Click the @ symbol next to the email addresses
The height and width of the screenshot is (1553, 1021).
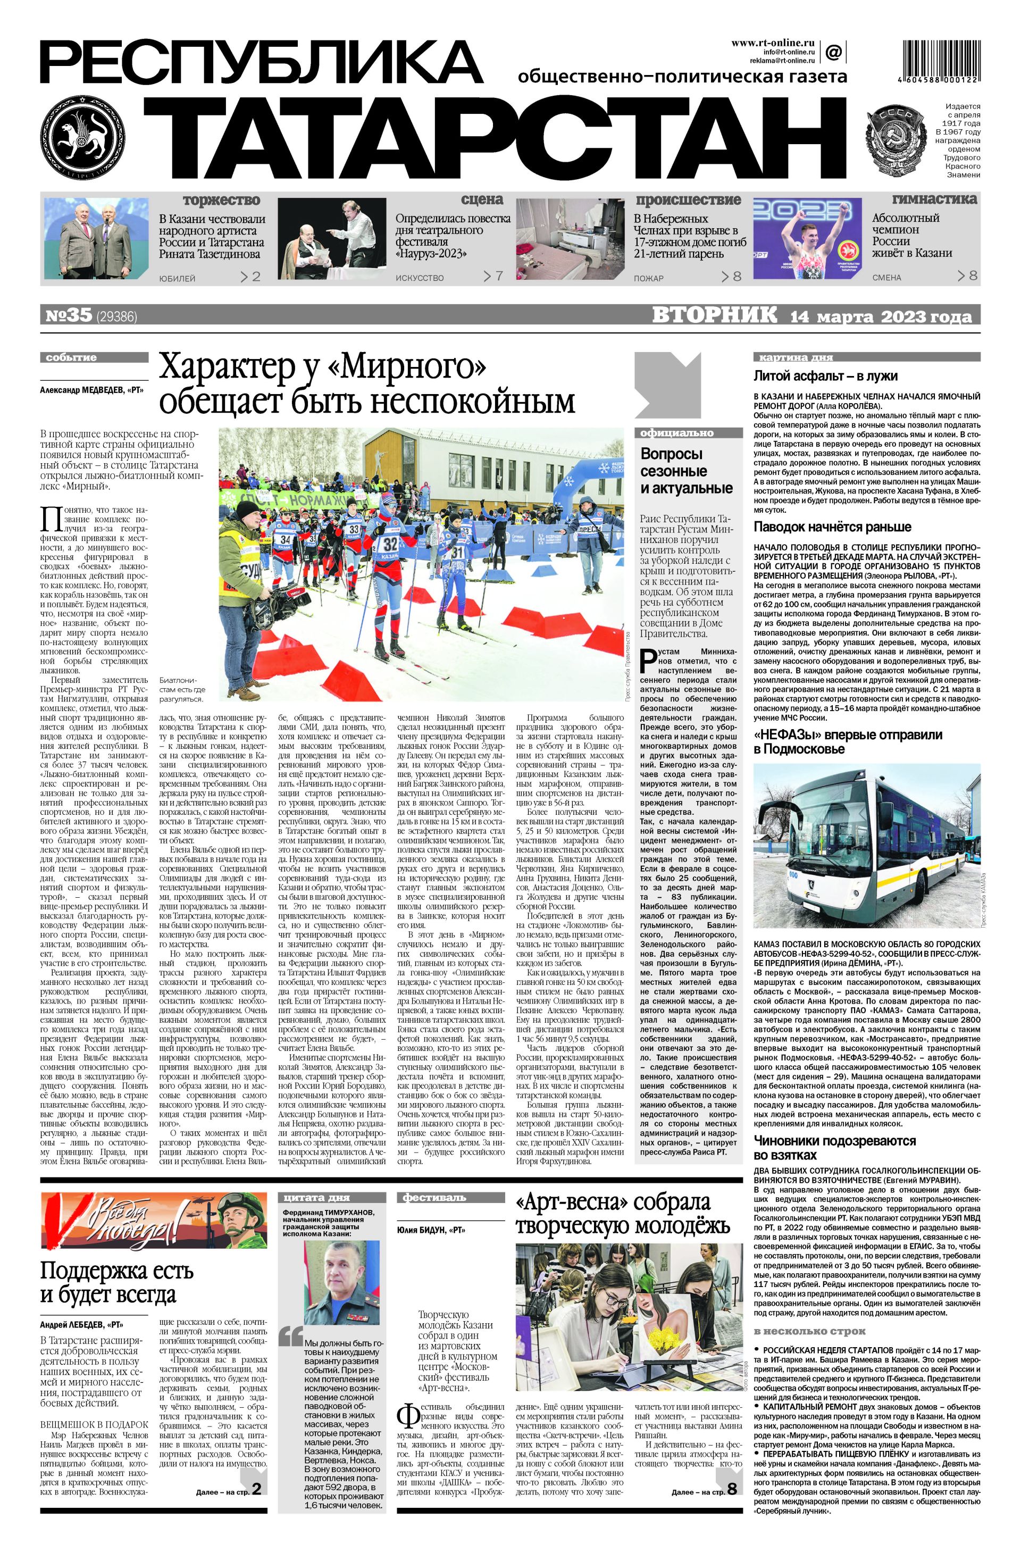(x=833, y=52)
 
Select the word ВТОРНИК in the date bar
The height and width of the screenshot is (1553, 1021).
(x=714, y=315)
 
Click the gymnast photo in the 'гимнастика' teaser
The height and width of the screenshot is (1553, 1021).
(x=808, y=239)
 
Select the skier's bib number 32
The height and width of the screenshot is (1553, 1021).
(x=389, y=544)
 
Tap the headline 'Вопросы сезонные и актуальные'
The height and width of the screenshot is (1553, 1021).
(x=685, y=471)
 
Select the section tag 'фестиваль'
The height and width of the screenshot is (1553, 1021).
(x=425, y=1197)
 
